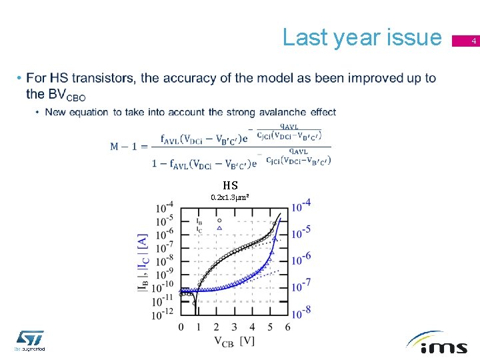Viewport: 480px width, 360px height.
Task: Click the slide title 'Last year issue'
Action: [x=362, y=37]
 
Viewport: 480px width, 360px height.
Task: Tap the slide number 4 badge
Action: [x=474, y=42]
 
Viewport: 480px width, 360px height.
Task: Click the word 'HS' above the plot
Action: [x=230, y=185]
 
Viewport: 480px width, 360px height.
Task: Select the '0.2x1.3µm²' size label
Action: [x=230, y=197]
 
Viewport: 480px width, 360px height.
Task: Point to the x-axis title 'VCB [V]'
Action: [x=234, y=341]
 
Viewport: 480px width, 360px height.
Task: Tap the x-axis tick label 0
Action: [x=181, y=327]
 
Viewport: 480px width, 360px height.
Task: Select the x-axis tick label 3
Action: [x=234, y=327]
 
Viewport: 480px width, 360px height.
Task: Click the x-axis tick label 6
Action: [x=287, y=327]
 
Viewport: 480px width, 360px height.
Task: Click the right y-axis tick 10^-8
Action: [x=302, y=311]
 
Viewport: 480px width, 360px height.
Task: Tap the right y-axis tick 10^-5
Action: [x=302, y=231]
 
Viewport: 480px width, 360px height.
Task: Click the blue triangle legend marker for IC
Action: [x=219, y=228]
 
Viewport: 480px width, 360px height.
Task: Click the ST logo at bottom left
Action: [x=30, y=339]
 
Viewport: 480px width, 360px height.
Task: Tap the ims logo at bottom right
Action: [x=437, y=343]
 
